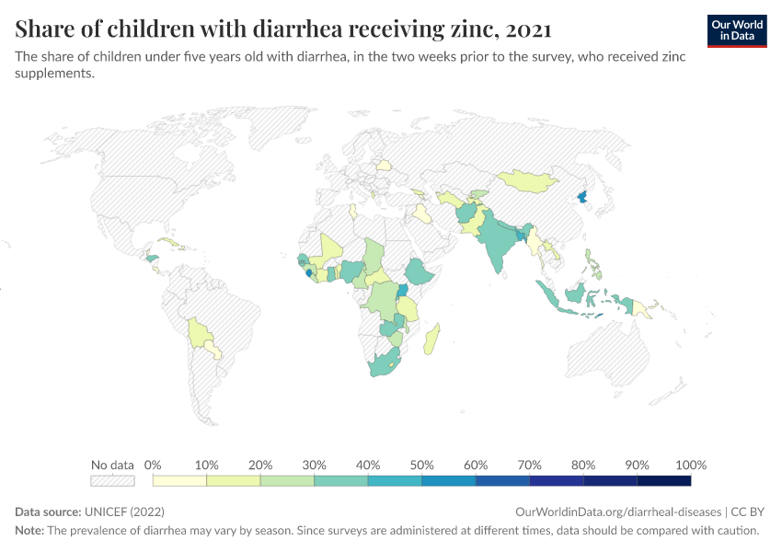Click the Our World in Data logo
pyautogui.click(x=737, y=30)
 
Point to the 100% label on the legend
pyautogui.click(x=690, y=465)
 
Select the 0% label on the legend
pyautogui.click(x=153, y=465)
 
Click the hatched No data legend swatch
pyautogui.click(x=112, y=480)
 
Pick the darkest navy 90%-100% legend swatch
pyautogui.click(x=663, y=480)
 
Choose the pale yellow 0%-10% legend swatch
pyautogui.click(x=179, y=480)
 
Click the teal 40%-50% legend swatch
pyautogui.click(x=395, y=480)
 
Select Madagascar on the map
pyautogui.click(x=431, y=339)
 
